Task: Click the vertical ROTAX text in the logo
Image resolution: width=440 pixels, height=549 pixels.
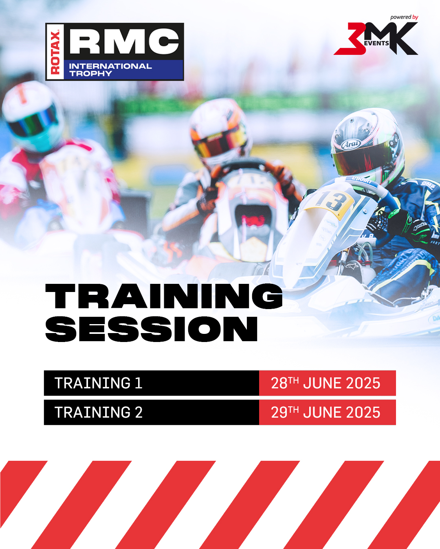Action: click(55, 52)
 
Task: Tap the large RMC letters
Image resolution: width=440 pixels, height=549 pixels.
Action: click(124, 41)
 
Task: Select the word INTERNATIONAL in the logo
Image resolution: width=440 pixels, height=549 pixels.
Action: click(110, 66)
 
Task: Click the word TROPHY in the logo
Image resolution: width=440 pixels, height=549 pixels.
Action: click(90, 74)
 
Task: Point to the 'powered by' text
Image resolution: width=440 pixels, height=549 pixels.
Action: click(404, 17)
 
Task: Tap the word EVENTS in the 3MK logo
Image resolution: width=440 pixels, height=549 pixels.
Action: click(376, 43)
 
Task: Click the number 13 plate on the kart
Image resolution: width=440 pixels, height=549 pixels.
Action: click(331, 201)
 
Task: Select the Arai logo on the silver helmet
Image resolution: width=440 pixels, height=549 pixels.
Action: click(350, 144)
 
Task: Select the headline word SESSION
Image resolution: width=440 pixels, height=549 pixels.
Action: click(151, 329)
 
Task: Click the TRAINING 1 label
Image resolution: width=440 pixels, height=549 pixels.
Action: click(99, 383)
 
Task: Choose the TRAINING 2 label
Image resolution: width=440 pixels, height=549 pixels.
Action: click(99, 412)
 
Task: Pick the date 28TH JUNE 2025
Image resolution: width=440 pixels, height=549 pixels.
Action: click(326, 383)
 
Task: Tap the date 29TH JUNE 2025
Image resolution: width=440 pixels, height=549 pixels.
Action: click(326, 412)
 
